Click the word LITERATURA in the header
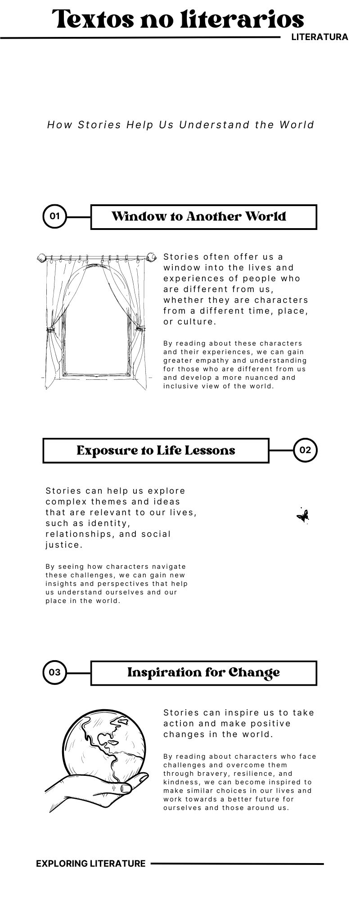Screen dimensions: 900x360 [319, 37]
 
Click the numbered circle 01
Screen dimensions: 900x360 [54, 216]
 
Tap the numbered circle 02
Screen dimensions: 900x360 [305, 450]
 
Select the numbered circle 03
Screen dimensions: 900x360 [54, 672]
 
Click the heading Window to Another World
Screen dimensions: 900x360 [199, 216]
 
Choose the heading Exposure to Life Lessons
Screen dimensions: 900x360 [156, 450]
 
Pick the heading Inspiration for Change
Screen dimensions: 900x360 [203, 672]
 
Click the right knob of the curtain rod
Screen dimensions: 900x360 [153, 257]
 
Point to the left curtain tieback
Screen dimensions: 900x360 [49, 330]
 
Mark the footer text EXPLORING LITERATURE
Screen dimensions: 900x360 [91, 863]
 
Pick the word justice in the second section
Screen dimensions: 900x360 [63, 545]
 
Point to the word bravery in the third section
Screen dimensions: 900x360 [211, 774]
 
